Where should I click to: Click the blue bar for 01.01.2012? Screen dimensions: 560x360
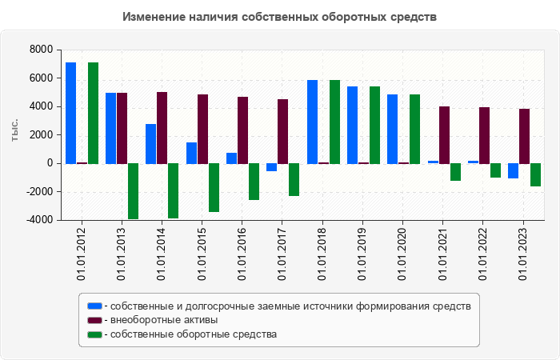tap(70, 114)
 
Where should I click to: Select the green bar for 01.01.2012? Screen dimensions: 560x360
tap(94, 114)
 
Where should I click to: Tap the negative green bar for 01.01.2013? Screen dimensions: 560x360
tap(134, 191)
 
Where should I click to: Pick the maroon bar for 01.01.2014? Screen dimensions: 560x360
tap(162, 128)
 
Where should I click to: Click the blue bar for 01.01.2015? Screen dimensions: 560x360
tap(191, 154)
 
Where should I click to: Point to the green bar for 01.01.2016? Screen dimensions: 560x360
tap(254, 182)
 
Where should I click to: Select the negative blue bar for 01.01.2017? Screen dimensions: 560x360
tap(271, 167)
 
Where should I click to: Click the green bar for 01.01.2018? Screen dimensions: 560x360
tap(334, 122)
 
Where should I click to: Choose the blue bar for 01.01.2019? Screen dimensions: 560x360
tap(353, 125)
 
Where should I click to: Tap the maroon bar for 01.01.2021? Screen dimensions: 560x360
tap(444, 135)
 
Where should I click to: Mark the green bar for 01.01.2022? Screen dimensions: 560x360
tap(495, 170)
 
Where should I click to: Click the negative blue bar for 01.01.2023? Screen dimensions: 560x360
tap(514, 171)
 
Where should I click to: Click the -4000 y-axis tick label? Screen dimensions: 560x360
tap(39, 220)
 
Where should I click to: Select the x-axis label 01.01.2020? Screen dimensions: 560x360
tap(402, 254)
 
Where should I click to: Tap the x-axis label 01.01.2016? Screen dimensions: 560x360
tap(242, 254)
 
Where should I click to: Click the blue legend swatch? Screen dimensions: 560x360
tap(94, 306)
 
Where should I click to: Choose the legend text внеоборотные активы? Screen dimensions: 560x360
tap(164, 320)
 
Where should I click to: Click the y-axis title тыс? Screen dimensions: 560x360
tap(14, 130)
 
